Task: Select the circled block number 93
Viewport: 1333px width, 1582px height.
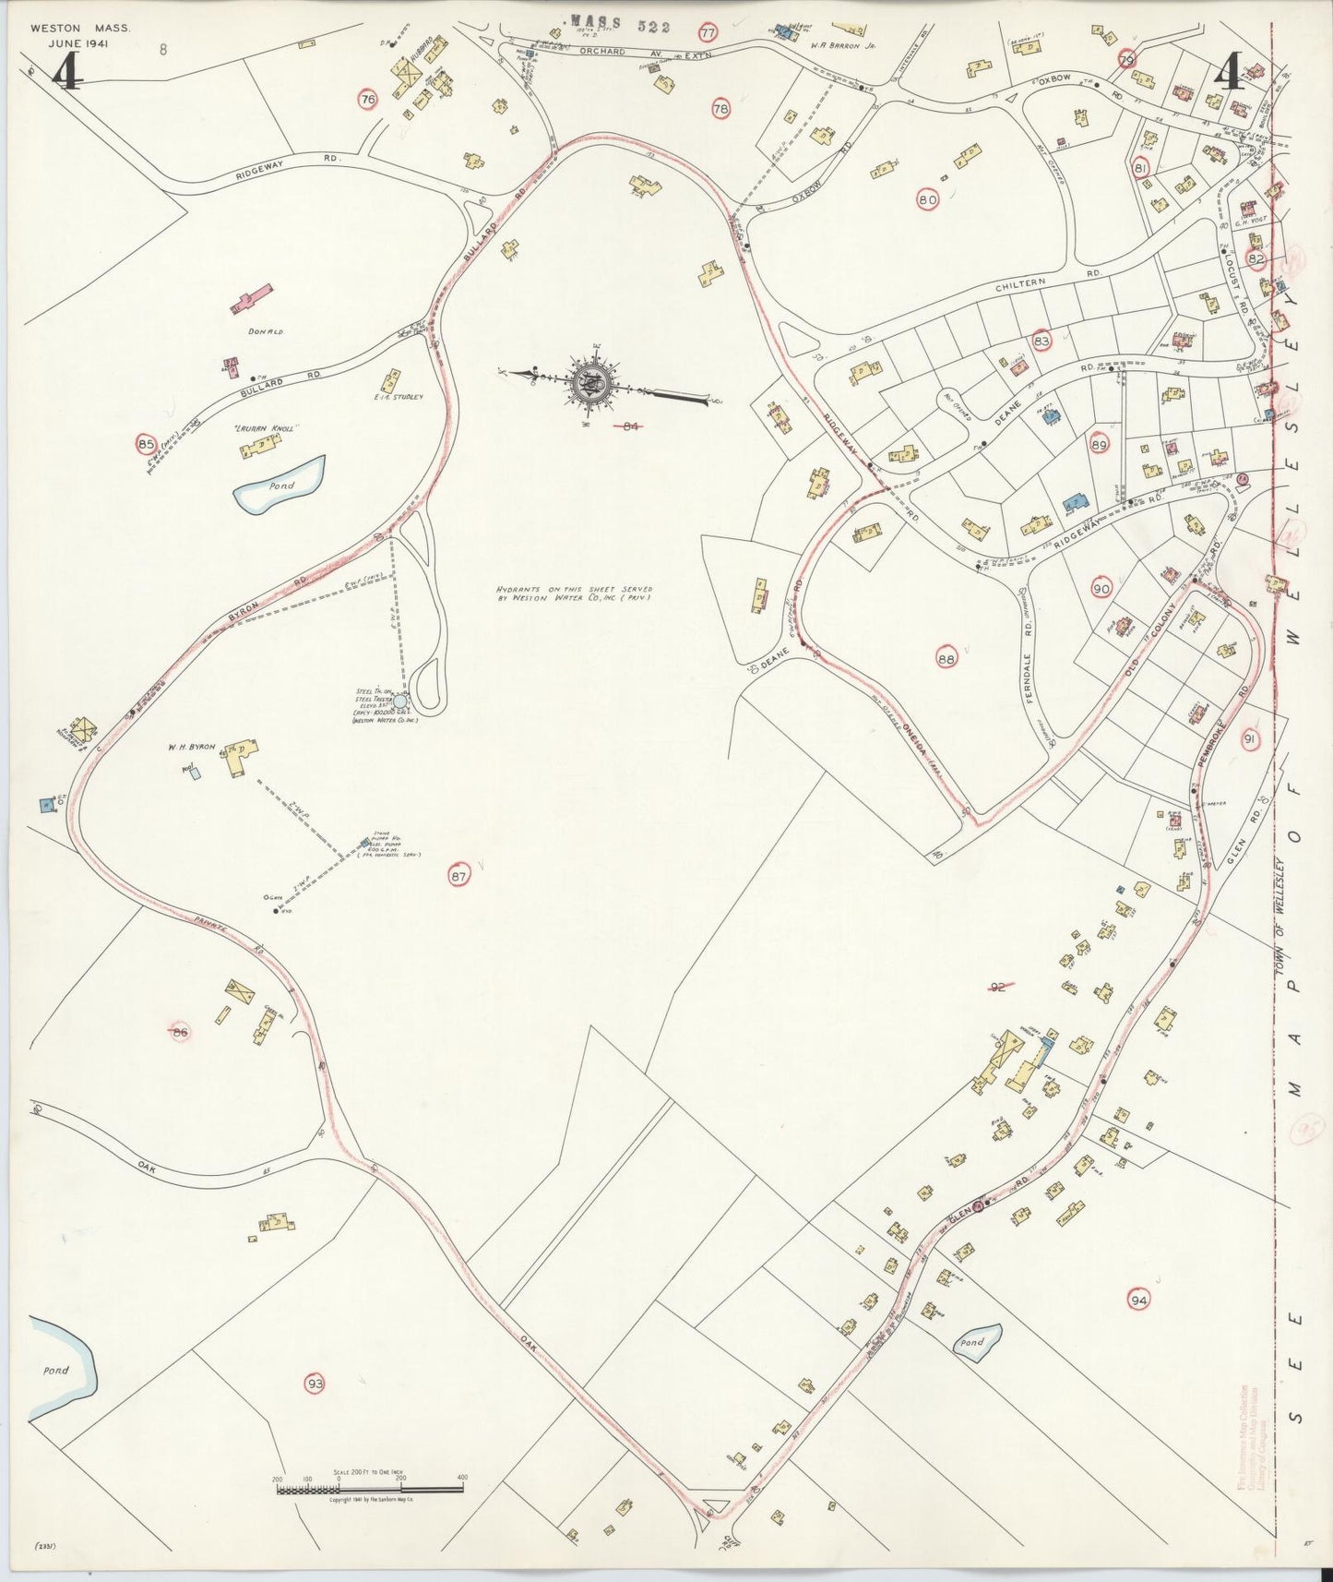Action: click(x=315, y=1383)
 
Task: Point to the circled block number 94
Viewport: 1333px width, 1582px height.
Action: click(x=1139, y=1300)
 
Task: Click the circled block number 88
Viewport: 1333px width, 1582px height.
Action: click(x=946, y=659)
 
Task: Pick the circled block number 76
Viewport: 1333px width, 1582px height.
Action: click(x=368, y=100)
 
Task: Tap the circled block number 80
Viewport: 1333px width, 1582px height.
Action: click(x=927, y=198)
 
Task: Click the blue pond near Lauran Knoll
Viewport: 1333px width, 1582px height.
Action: click(x=280, y=484)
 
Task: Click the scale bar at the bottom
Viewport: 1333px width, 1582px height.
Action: click(x=369, y=1490)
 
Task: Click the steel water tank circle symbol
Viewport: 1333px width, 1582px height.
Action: click(x=399, y=701)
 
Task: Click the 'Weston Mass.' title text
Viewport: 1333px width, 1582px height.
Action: click(x=79, y=29)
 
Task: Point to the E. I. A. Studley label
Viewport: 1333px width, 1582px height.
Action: click(x=398, y=397)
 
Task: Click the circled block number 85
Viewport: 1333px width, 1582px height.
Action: click(x=146, y=444)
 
